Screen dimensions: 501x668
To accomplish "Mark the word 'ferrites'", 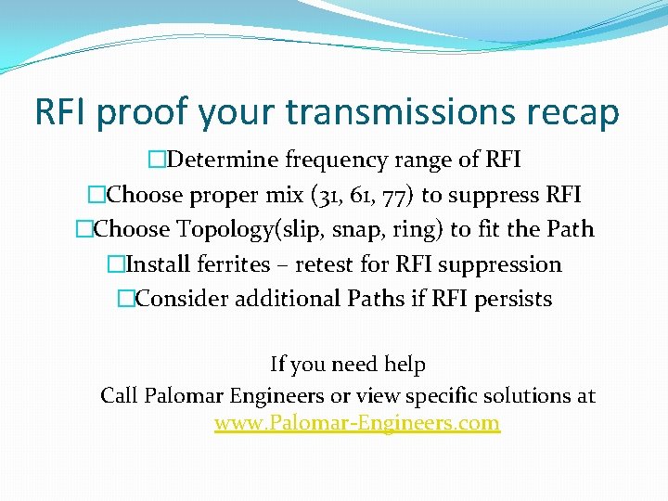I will [232, 264].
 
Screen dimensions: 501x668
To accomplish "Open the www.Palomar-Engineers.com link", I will [357, 424].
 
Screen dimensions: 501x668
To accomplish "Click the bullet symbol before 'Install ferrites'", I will [115, 264].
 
